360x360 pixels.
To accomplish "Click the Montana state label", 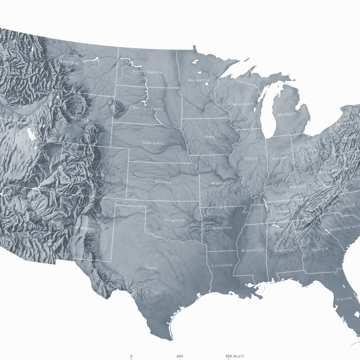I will [x=69, y=62].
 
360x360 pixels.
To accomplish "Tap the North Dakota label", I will [x=147, y=72].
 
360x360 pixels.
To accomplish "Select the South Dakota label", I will [x=148, y=109].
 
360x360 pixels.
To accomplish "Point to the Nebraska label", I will [x=153, y=143].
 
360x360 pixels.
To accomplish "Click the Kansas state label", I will [x=163, y=182].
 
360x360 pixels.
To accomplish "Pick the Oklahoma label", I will [x=174, y=220].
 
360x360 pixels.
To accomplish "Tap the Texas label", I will [x=151, y=268].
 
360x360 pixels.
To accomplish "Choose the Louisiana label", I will [x=222, y=265].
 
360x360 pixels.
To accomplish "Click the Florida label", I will [x=344, y=299].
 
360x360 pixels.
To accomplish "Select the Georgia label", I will [x=319, y=249].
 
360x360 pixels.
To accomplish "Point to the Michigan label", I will [x=287, y=114].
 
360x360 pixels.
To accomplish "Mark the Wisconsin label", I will [x=243, y=104].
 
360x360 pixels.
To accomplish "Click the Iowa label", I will [x=209, y=136].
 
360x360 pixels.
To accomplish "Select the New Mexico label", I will [x=82, y=228].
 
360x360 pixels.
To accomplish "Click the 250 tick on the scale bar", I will [x=180, y=356].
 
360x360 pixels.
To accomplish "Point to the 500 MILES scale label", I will [x=234, y=356].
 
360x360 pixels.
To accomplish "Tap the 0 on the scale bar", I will [x=131, y=356].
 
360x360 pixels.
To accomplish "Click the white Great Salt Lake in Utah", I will [x=31, y=134].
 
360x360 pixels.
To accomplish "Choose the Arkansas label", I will [x=222, y=227].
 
